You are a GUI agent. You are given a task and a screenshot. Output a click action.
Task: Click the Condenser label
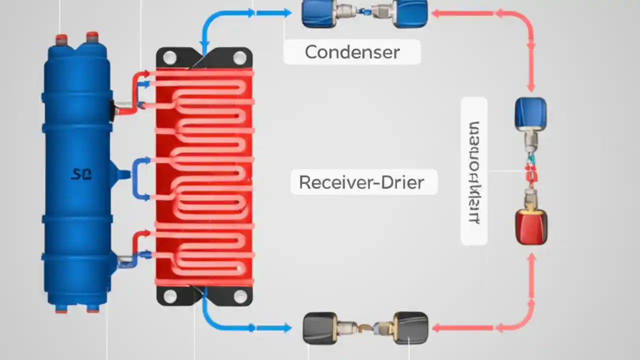tap(352, 52)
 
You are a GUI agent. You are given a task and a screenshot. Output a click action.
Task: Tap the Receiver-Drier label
tap(361, 182)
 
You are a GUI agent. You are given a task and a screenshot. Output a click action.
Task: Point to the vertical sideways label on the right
tap(474, 171)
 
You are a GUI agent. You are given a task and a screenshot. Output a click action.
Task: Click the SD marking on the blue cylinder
tap(81, 174)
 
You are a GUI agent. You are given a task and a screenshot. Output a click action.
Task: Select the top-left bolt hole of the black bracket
tap(169, 58)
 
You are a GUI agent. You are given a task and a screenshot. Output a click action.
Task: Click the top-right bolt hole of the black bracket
tap(240, 58)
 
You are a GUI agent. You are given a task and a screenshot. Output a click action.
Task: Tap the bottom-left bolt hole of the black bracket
tap(170, 296)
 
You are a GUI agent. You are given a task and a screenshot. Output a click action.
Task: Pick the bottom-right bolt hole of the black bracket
tap(240, 296)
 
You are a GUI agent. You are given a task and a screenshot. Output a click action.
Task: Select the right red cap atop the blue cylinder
tap(92, 37)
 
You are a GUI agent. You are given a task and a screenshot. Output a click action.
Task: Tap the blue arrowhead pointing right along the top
tap(286, 13)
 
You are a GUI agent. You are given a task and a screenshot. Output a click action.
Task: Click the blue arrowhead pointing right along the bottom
tap(286, 328)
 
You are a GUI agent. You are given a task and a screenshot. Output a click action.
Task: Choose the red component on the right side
tap(531, 226)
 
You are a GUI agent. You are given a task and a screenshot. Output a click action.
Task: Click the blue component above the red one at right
tap(530, 113)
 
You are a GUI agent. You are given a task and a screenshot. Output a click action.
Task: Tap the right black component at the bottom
tap(411, 327)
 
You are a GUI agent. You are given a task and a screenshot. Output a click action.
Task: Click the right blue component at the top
tap(410, 13)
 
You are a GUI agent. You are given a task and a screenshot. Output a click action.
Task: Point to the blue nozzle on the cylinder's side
tap(123, 174)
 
